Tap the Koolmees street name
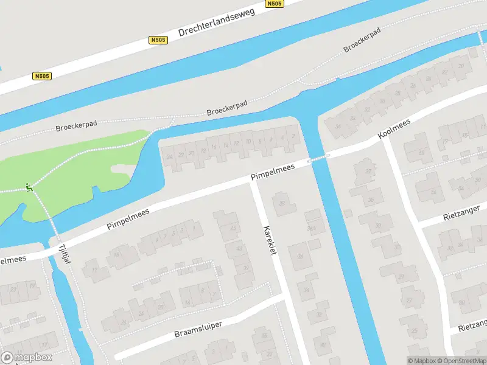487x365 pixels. [x=394, y=128]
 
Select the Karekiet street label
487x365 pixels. [x=270, y=240]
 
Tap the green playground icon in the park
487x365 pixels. [x=28, y=187]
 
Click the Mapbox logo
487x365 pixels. [x=26, y=358]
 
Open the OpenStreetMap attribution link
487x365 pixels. [x=462, y=361]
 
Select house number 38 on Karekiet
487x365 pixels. [x=282, y=204]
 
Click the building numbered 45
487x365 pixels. [x=233, y=229]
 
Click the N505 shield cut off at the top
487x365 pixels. [x=275, y=4]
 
